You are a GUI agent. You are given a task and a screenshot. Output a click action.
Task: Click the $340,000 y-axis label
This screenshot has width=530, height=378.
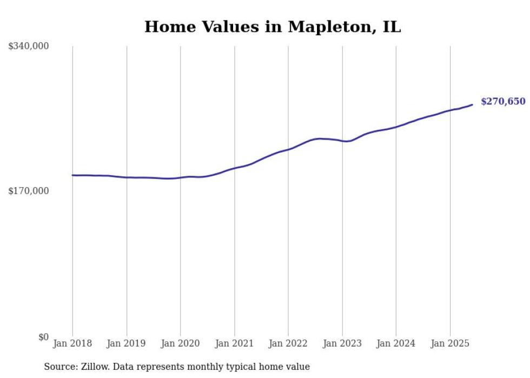(29, 47)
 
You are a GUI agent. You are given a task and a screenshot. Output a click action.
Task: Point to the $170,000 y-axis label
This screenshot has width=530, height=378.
(29, 191)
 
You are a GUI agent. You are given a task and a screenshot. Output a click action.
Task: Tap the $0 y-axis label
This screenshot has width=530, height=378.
(43, 337)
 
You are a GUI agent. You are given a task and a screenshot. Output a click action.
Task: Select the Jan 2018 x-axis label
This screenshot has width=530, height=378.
(72, 343)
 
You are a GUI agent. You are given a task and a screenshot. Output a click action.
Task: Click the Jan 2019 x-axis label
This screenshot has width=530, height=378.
(127, 343)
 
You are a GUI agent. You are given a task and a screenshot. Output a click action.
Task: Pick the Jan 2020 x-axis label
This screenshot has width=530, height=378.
(181, 343)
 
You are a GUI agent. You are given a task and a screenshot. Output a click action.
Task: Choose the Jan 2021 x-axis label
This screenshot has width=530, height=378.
(234, 343)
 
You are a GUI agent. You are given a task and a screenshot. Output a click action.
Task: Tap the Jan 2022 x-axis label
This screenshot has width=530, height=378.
(288, 343)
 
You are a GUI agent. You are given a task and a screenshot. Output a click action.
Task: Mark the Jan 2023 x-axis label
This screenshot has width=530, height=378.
(342, 343)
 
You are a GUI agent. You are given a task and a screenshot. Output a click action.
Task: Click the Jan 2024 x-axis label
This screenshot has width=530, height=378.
(396, 343)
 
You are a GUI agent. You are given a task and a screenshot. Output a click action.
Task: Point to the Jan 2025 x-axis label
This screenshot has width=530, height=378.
(450, 343)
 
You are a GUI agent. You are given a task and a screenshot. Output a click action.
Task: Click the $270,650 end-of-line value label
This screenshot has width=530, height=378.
(503, 102)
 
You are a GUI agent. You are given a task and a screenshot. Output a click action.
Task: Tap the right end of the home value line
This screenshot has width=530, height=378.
(472, 104)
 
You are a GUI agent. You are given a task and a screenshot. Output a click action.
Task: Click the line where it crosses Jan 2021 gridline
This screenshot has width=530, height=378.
(234, 168)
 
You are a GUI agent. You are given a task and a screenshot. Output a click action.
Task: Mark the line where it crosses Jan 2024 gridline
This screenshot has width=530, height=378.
(396, 127)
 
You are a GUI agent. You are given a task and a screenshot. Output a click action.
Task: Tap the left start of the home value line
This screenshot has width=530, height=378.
(72, 175)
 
